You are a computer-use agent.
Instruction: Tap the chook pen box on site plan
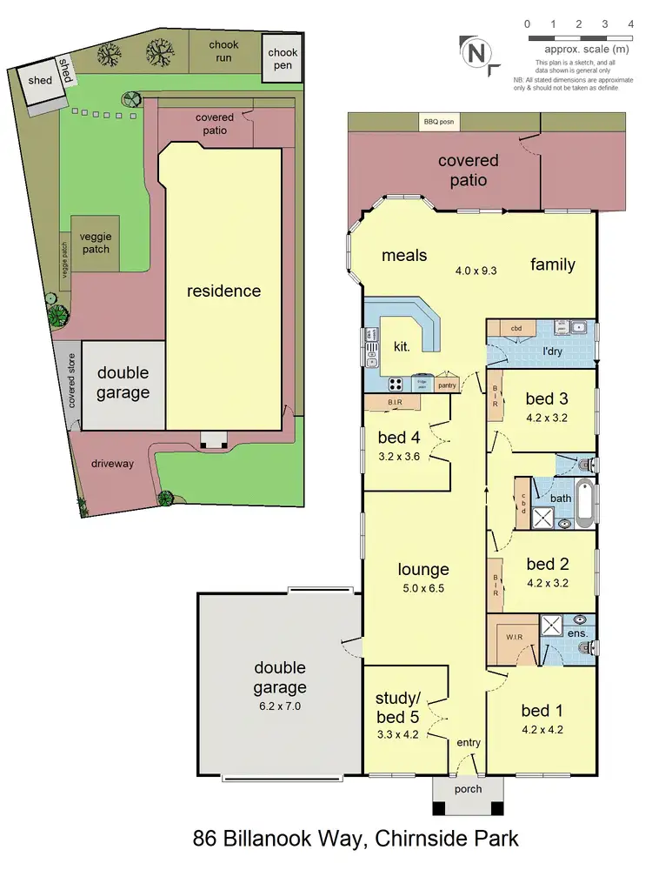pyautogui.click(x=283, y=59)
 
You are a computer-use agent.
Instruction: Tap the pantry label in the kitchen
pyautogui.click(x=447, y=385)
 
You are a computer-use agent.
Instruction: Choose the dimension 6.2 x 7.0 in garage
pyautogui.click(x=280, y=706)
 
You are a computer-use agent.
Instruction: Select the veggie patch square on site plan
pyautogui.click(x=96, y=243)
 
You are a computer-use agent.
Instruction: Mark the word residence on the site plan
pyautogui.click(x=224, y=291)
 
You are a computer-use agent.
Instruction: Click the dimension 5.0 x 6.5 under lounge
pyautogui.click(x=423, y=588)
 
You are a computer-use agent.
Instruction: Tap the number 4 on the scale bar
pyautogui.click(x=630, y=24)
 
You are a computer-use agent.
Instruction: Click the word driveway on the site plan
pyautogui.click(x=112, y=464)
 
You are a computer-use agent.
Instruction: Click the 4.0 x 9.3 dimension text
pyautogui.click(x=476, y=271)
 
